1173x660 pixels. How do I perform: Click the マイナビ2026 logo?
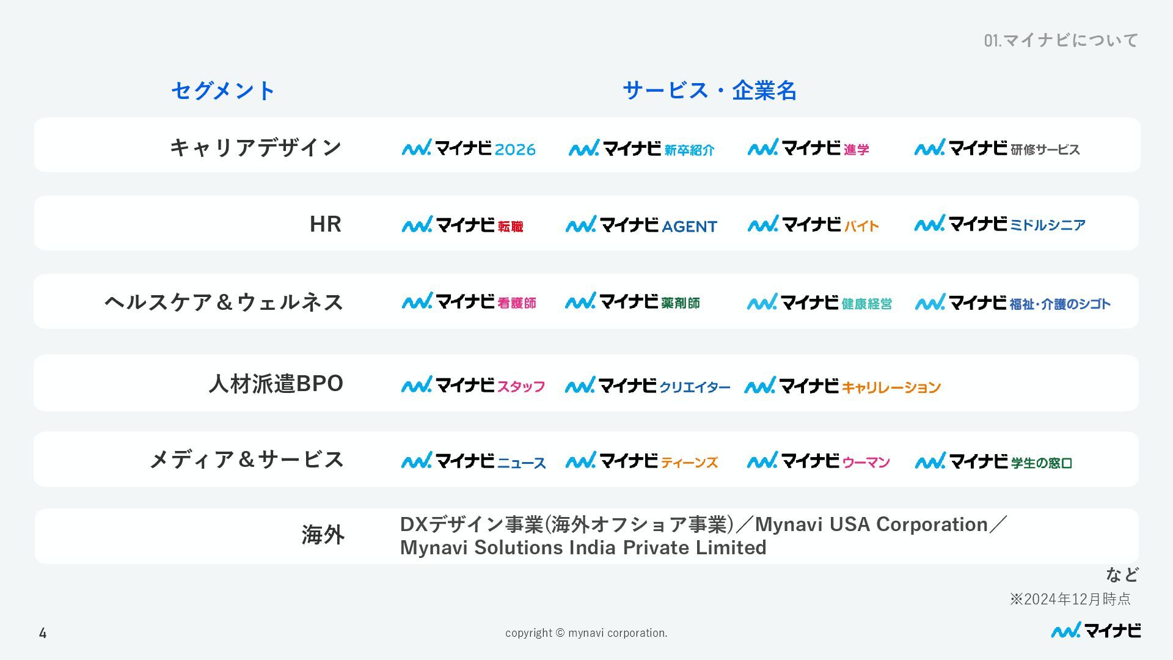click(469, 148)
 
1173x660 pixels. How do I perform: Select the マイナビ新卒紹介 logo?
click(641, 148)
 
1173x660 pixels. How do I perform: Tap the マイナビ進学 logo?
click(808, 148)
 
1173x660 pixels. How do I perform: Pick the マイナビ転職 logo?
click(462, 225)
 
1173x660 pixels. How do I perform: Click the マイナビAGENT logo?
click(641, 225)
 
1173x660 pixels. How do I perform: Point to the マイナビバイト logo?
click(813, 224)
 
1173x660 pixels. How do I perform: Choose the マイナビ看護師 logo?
click(469, 302)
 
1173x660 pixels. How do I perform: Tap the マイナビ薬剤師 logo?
click(632, 302)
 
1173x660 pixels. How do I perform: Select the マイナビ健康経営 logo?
click(819, 302)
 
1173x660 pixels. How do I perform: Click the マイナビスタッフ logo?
click(473, 385)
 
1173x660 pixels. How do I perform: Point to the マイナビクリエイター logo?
click(648, 386)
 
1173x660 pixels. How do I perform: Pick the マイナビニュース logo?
click(473, 461)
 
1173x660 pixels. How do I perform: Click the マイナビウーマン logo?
click(819, 461)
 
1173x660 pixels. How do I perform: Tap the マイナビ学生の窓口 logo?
click(993, 461)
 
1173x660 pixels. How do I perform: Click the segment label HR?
click(325, 224)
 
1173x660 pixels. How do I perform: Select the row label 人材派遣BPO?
click(276, 384)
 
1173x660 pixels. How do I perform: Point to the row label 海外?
click(323, 535)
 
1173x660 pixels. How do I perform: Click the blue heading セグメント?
click(223, 91)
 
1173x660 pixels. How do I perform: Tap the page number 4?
click(43, 633)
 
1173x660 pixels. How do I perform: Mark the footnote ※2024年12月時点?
click(1070, 599)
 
